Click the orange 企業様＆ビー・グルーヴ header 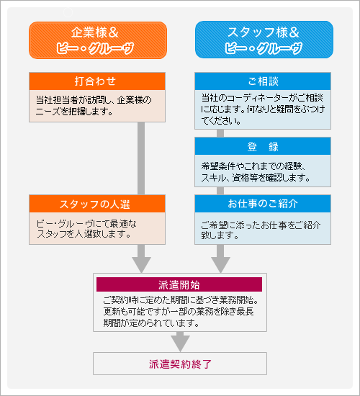pos(98,40)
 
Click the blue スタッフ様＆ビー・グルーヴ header pos(264,40)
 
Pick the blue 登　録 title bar pos(263,146)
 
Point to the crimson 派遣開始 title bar pos(179,284)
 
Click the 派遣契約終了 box pos(180,364)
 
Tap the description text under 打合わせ pos(94,105)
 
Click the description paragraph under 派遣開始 pos(180,311)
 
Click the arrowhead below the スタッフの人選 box pos(142,257)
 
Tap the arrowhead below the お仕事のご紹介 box pos(220,257)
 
